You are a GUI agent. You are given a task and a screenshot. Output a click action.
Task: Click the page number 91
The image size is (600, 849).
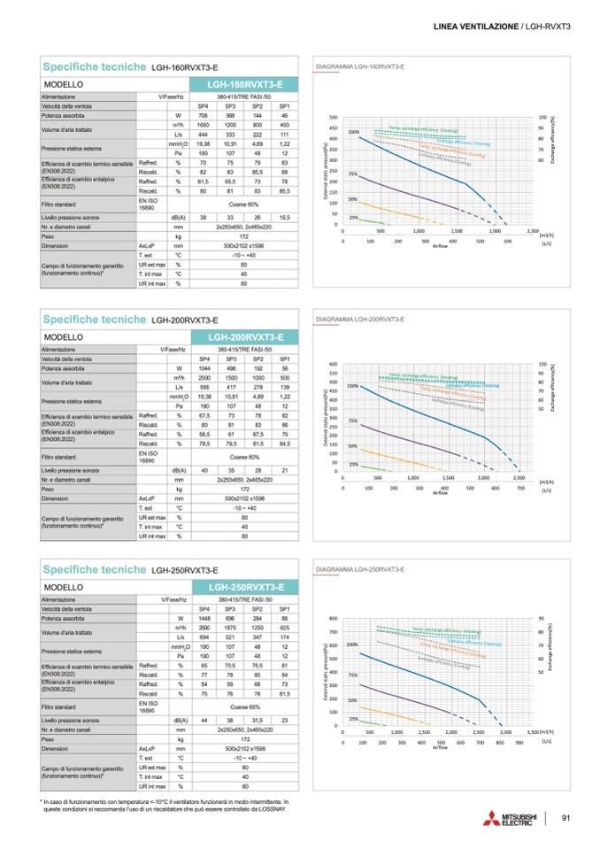click(x=565, y=816)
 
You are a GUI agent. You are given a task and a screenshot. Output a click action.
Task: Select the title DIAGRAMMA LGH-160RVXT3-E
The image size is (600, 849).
click(x=361, y=67)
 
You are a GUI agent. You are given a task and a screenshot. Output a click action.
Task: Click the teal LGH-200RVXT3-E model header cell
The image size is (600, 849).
click(x=245, y=337)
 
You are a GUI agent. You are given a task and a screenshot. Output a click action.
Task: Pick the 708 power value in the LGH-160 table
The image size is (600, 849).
click(x=203, y=116)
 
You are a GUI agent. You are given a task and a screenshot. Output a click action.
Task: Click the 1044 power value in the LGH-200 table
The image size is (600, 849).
click(x=203, y=367)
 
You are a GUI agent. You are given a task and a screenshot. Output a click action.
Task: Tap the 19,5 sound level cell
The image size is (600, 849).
click(x=285, y=217)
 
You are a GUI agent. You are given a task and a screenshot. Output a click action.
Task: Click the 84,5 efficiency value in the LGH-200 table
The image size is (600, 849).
click(x=285, y=444)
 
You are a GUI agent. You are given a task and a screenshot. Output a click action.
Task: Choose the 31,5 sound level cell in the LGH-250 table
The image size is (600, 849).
click(x=258, y=720)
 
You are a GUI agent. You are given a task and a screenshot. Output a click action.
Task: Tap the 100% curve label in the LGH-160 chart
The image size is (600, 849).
click(x=353, y=132)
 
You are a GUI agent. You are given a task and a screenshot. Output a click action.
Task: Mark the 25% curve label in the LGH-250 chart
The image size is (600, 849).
click(x=352, y=719)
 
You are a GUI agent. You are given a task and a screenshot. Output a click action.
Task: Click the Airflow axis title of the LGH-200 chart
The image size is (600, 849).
click(x=440, y=492)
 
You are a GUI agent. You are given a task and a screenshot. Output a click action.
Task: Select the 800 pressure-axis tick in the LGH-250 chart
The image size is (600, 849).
click(x=334, y=618)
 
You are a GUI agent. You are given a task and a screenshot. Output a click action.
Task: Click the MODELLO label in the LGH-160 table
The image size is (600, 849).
click(x=63, y=83)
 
